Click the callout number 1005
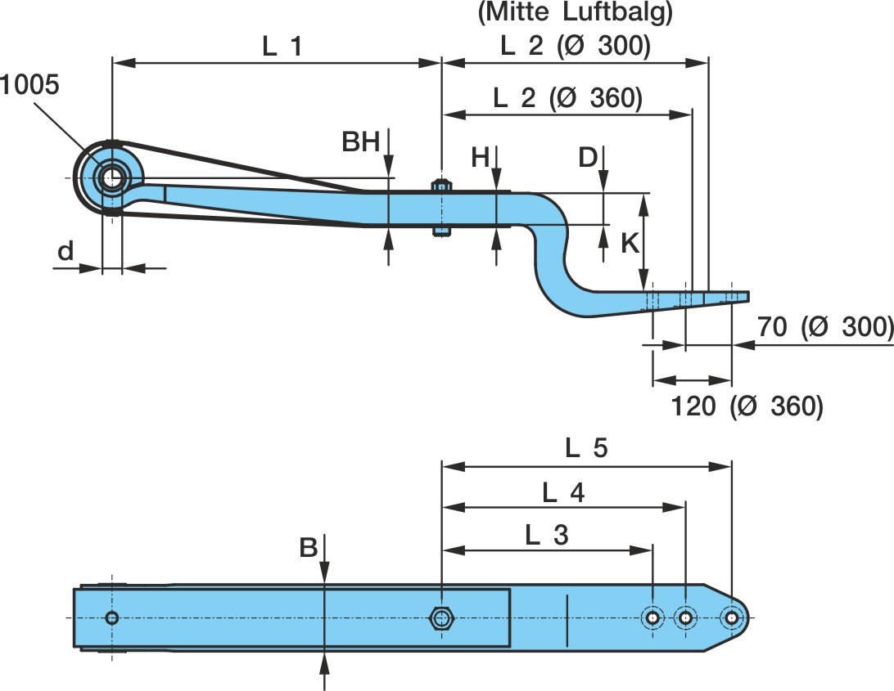pos(30,85)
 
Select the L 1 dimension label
pos(282,47)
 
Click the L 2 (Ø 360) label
pos(567,98)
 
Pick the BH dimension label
pos(361,143)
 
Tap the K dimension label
pos(630,244)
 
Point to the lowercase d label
pos(65,253)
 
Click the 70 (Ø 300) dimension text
pos(823,327)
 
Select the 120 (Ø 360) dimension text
pos(746,405)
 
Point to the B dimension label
pos(309,548)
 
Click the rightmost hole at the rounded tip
pos(730,617)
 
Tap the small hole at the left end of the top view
pos(112,617)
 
